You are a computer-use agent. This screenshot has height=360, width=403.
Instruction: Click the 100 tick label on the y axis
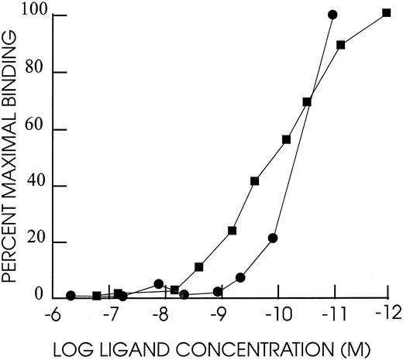[x=33, y=16]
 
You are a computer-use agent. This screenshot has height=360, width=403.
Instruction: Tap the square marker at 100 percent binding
[x=386, y=13]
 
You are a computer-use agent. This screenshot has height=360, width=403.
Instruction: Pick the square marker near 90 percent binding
[x=340, y=45]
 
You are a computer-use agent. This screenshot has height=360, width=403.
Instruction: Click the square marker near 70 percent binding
[x=307, y=102]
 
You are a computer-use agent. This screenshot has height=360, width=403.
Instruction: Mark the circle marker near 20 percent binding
[x=273, y=238]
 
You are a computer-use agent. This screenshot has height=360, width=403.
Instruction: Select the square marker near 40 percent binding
[x=254, y=181]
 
